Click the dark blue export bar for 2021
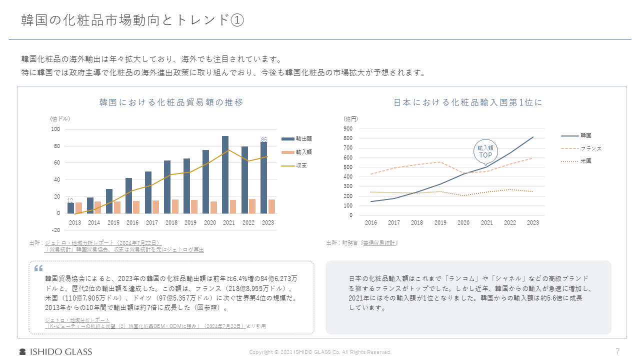(225, 174)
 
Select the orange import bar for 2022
(252, 206)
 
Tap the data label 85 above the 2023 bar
(264, 139)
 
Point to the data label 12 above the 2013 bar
(70, 200)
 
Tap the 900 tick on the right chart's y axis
(348, 128)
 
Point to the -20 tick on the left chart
(56, 230)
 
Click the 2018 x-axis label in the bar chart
(171, 222)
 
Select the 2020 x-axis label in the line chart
(463, 222)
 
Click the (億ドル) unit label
(60, 119)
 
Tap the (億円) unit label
(350, 119)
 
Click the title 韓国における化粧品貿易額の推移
(171, 102)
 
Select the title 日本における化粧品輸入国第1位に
(468, 102)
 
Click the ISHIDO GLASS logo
(55, 351)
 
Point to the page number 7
(617, 351)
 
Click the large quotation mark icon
(38, 268)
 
